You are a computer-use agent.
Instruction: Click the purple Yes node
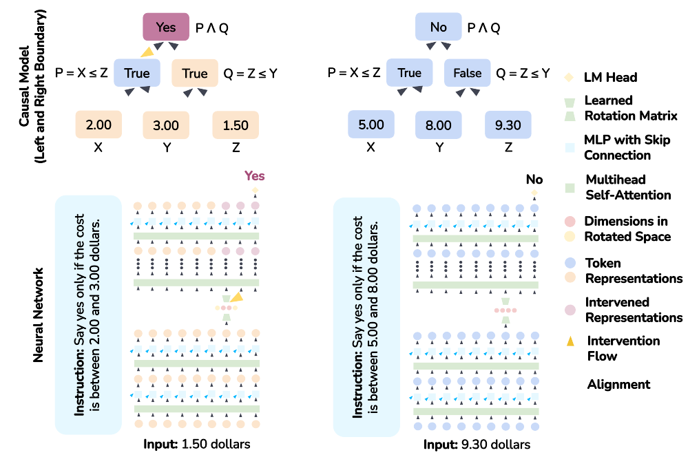(x=166, y=27)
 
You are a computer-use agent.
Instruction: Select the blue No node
(x=438, y=27)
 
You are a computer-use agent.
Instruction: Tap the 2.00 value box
(x=98, y=125)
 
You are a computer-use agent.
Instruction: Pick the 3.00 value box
(x=166, y=125)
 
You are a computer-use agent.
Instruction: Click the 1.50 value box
(x=236, y=125)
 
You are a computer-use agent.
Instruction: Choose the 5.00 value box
(x=371, y=125)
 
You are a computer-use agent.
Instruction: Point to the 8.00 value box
(x=438, y=125)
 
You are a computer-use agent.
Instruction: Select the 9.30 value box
(x=508, y=125)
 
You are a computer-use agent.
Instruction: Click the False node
(x=467, y=73)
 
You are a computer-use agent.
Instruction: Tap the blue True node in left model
(x=136, y=73)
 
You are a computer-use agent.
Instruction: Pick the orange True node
(x=194, y=73)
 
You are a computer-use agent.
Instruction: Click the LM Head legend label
(x=610, y=77)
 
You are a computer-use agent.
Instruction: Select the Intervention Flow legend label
(x=623, y=348)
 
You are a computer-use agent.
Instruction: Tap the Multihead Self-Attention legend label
(x=627, y=187)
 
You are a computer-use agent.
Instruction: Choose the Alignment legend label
(x=618, y=384)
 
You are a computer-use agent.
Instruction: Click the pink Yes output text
(x=254, y=176)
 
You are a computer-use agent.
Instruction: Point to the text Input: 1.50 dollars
(x=197, y=444)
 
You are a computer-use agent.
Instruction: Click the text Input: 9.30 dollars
(x=477, y=445)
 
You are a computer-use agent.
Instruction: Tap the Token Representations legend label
(x=633, y=270)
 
